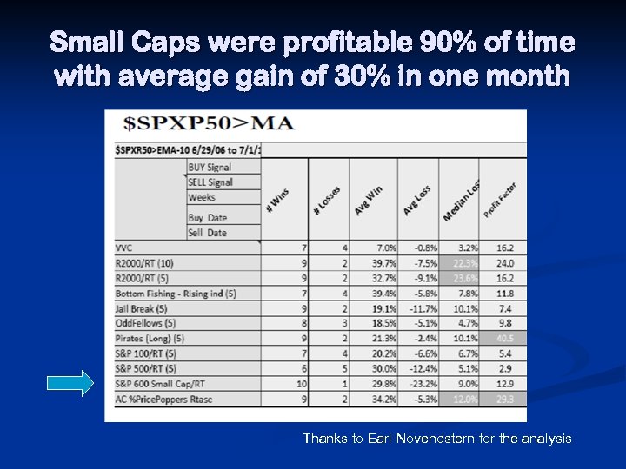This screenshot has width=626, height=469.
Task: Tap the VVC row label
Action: [x=124, y=248]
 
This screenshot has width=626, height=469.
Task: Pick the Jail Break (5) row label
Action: [x=141, y=307]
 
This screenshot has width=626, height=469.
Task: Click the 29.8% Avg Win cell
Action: [x=381, y=383]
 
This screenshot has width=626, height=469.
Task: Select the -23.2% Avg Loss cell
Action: [x=419, y=383]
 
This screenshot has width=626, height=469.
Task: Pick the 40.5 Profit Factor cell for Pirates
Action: [x=504, y=338]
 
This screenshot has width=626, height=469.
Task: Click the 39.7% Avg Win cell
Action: [x=381, y=262]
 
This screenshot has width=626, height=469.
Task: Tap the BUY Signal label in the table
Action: [x=210, y=167]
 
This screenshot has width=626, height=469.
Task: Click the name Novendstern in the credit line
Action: [x=435, y=439]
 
